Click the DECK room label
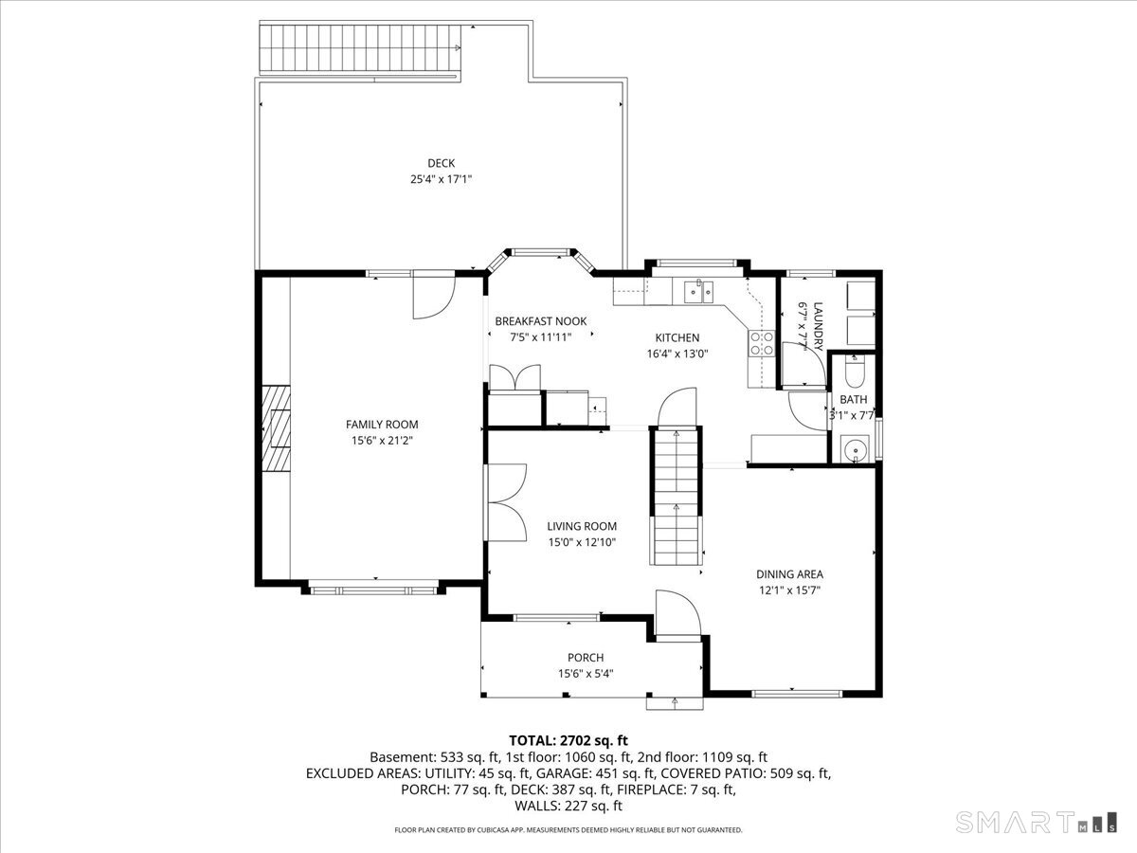click(441, 163)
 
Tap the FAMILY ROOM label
click(382, 425)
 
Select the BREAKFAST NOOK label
click(541, 321)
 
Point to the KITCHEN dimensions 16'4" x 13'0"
click(677, 354)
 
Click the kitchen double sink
click(698, 292)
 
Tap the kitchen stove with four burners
click(762, 343)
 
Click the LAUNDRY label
click(818, 326)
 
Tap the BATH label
click(853, 400)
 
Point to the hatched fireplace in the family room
click(276, 428)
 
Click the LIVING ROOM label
click(582, 526)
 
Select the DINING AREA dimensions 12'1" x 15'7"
click(789, 590)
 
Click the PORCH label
click(586, 658)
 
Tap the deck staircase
click(360, 48)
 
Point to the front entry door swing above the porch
click(677, 612)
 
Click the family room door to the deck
click(434, 295)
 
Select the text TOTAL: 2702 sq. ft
click(568, 740)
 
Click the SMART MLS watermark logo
click(1036, 822)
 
